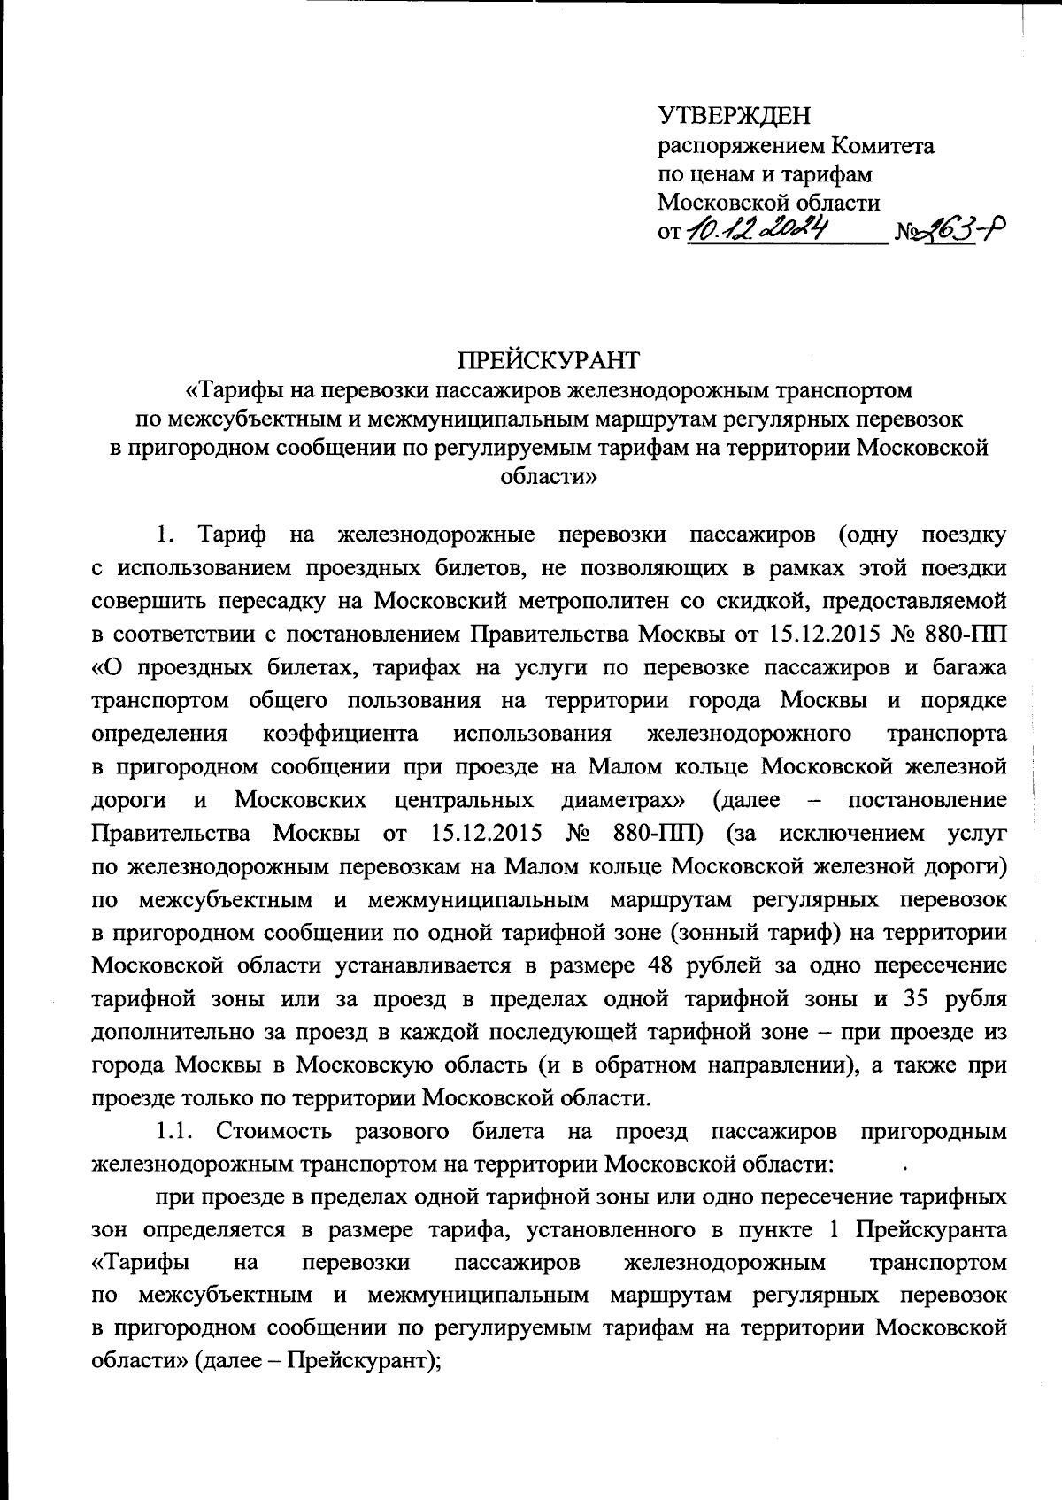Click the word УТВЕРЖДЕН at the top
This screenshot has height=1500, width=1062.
734,116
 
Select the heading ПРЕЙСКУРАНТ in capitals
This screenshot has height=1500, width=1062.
547,361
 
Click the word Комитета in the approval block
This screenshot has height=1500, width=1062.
884,145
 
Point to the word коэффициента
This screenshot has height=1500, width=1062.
341,734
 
